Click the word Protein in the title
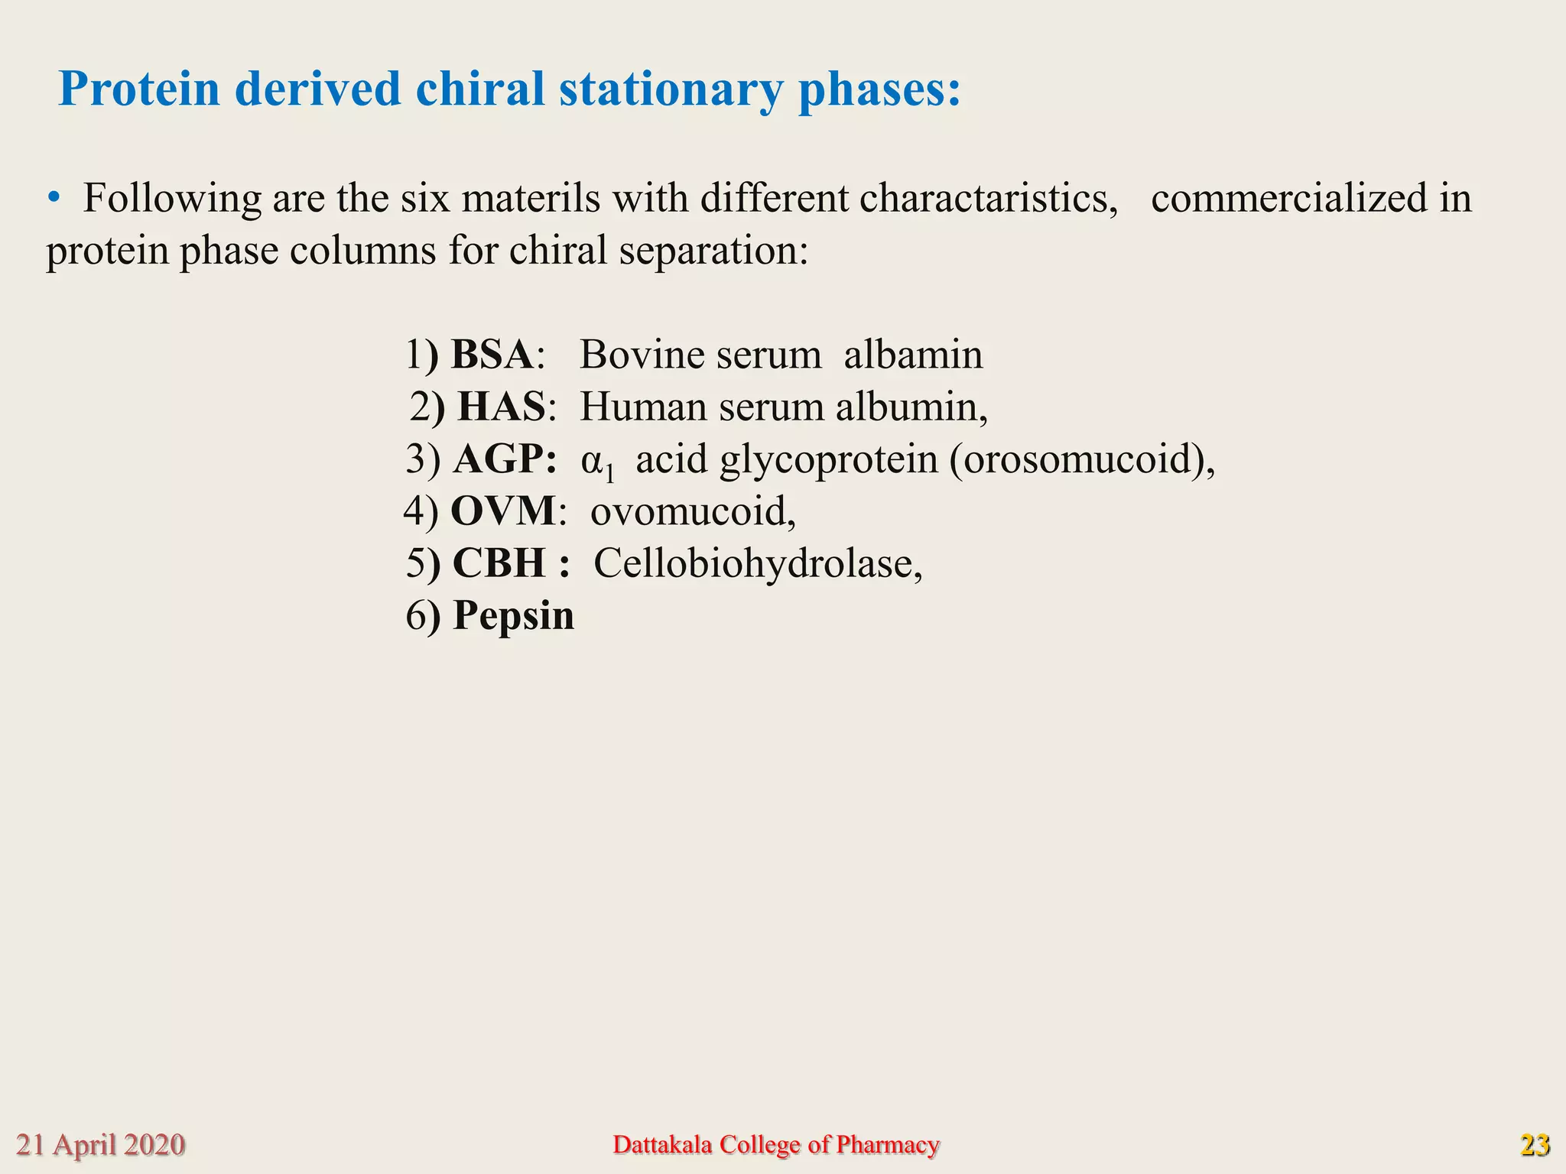pos(139,89)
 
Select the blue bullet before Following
pos(53,198)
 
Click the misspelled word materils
pos(531,198)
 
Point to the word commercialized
pos(1288,198)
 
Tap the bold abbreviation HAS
pos(502,407)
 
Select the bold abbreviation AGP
pos(504,459)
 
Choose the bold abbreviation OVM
pos(502,511)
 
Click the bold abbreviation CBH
pos(499,563)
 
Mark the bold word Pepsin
pos(513,615)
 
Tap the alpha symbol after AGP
pos(592,461)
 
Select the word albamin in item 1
pos(913,355)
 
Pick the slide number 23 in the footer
pos(1534,1145)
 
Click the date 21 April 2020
pos(100,1145)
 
